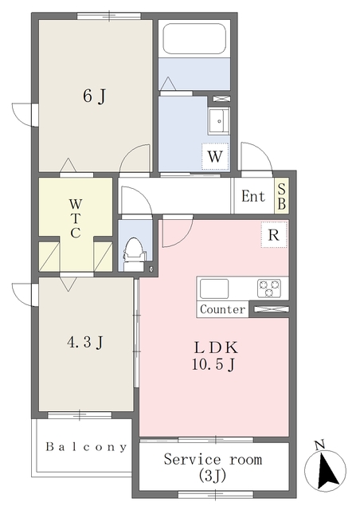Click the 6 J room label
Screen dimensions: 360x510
tap(94, 96)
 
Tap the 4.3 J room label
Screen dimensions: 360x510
tap(85, 342)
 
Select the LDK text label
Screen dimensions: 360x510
tap(216, 348)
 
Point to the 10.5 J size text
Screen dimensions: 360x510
tap(213, 365)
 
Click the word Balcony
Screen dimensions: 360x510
tap(86, 447)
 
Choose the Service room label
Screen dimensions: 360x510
tap(213, 460)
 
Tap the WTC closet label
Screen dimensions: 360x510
tap(76, 218)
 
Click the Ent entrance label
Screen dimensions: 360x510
tap(253, 196)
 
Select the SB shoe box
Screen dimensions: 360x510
tap(282, 197)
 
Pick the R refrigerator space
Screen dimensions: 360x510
tap(274, 234)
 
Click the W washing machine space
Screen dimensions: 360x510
tap(215, 156)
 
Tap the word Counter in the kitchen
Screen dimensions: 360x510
tap(223, 309)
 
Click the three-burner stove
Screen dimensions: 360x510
tap(269, 288)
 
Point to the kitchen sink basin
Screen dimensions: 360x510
tap(214, 288)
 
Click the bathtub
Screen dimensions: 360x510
tap(194, 38)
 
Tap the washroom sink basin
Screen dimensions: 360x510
tap(219, 121)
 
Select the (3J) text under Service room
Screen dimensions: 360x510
tap(213, 476)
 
